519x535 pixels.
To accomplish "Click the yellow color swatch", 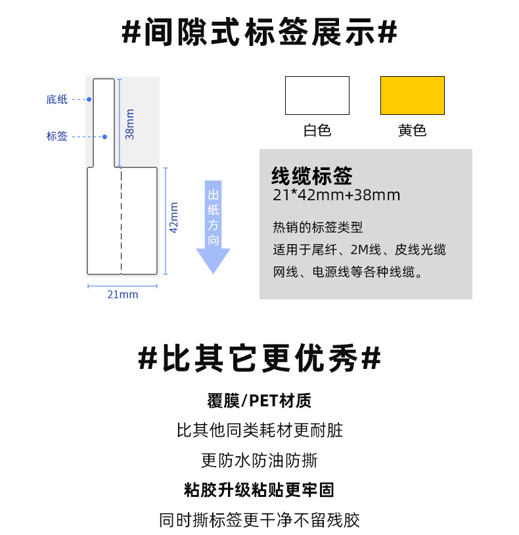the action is (x=413, y=96).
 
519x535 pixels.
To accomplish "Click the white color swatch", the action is (x=317, y=96).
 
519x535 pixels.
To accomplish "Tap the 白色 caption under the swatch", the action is (x=317, y=131).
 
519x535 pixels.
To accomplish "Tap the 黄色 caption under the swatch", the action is (x=412, y=131).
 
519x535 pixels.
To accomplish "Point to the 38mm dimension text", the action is (x=130, y=124).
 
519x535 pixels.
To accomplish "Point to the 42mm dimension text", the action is (x=174, y=218).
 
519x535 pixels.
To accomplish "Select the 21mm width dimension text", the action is (x=123, y=294).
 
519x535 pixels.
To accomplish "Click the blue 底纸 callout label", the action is (x=57, y=99).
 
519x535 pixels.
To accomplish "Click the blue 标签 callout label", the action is (x=57, y=136).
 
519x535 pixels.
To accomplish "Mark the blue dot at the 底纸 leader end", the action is (x=89, y=99).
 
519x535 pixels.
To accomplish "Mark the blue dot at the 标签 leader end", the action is (x=105, y=137).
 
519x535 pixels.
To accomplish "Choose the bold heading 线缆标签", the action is (x=312, y=176).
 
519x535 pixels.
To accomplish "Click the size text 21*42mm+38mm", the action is (x=336, y=195).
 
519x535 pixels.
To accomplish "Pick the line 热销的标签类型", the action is (x=317, y=227).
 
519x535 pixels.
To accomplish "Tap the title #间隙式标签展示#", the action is (x=259, y=32).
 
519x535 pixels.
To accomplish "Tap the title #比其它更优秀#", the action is (x=259, y=358).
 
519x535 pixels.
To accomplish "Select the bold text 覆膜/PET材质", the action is (x=259, y=400).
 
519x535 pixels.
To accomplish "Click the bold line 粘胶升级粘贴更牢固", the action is (x=259, y=490).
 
